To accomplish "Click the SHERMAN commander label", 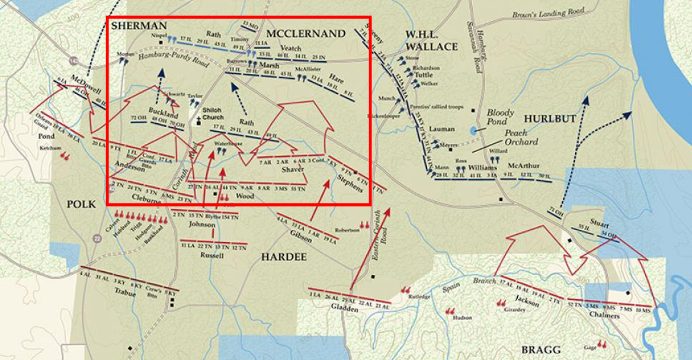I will point(139,26).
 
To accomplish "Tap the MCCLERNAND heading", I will point(306,34).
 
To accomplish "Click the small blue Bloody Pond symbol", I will point(474,130).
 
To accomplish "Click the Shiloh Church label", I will point(213,114).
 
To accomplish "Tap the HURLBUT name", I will point(550,119).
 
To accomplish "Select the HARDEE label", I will point(284,257).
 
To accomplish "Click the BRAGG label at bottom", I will point(541,350).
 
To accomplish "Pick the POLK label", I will point(81,204).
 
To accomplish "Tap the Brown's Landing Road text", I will point(548,13).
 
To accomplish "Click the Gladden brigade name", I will point(344,307).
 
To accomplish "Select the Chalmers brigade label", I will point(604,315).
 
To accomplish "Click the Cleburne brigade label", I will point(146,199).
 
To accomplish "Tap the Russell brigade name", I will point(212,255).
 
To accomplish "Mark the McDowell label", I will point(86,84).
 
